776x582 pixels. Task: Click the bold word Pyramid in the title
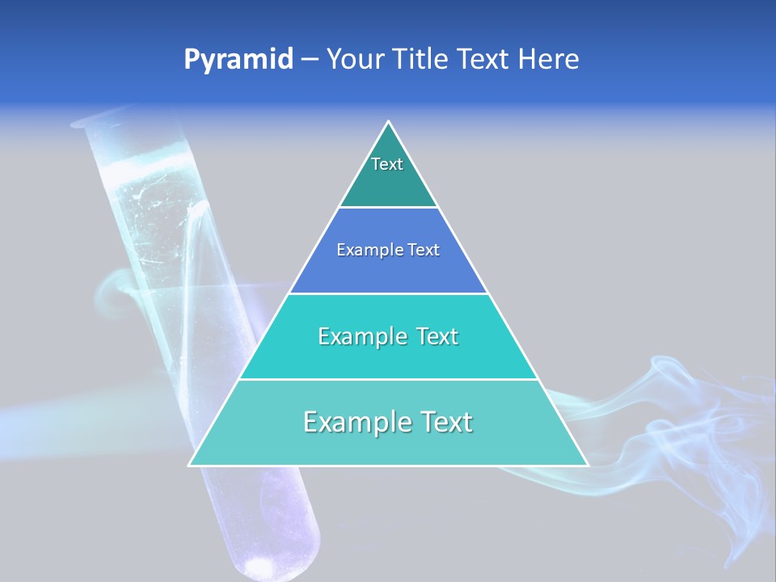(x=238, y=60)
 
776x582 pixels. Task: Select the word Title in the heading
(x=422, y=60)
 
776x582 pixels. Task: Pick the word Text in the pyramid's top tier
(x=387, y=164)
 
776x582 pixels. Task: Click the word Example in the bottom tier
(x=352, y=422)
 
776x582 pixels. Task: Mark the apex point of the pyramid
(x=389, y=122)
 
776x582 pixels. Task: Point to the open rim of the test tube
(x=90, y=121)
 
